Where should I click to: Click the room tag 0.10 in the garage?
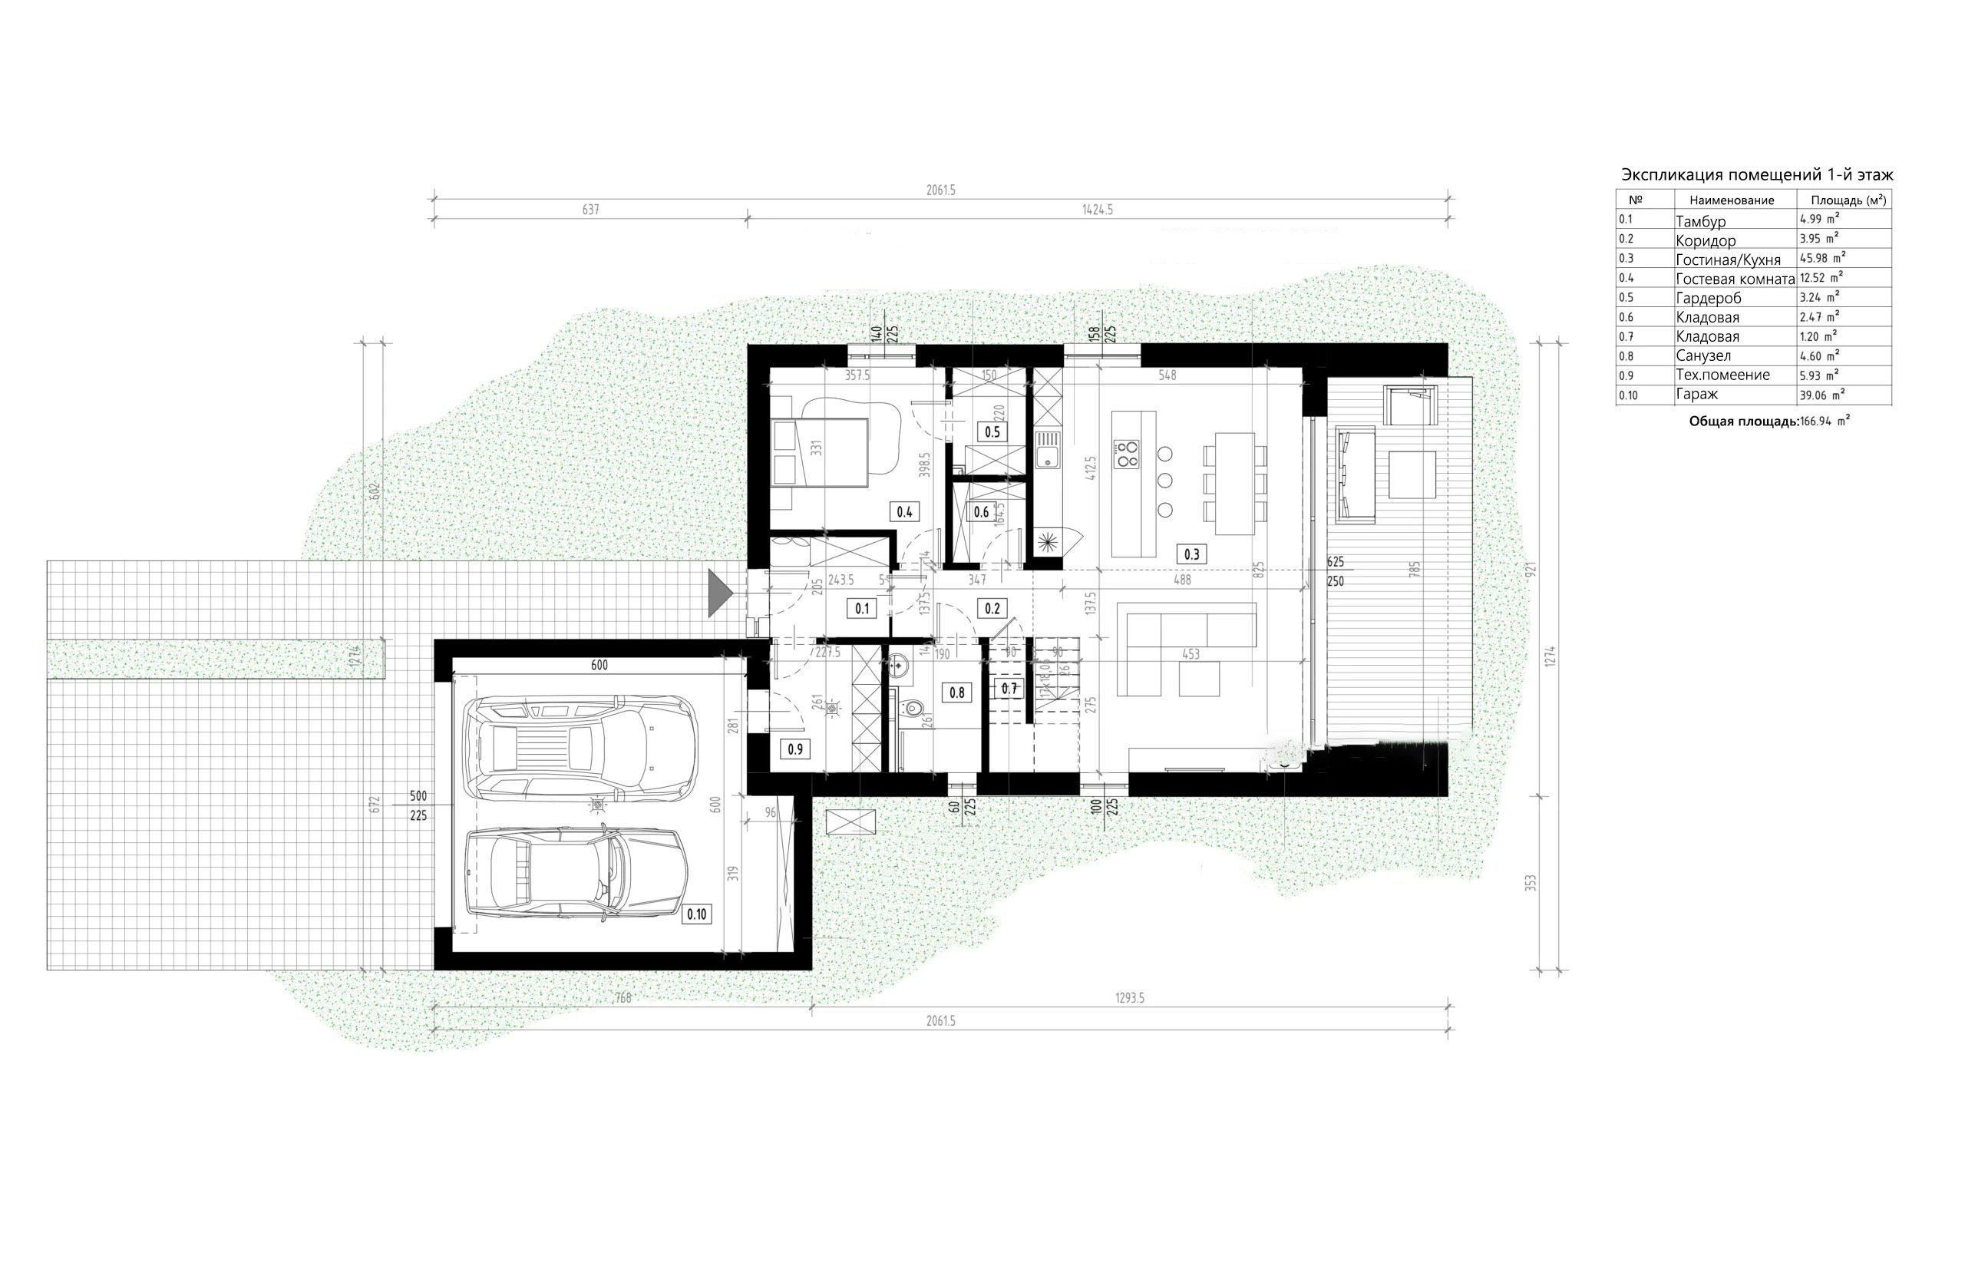pos(697,914)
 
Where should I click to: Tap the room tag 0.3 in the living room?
pos(1191,554)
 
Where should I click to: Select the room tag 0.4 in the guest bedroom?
pos(905,512)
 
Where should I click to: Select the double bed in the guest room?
pos(820,452)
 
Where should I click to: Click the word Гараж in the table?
pos(1696,395)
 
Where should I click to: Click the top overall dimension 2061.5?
pos(940,190)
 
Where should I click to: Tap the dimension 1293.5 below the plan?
pos(1129,997)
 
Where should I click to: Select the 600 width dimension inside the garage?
pos(599,665)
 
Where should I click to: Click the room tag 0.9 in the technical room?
pos(795,749)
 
